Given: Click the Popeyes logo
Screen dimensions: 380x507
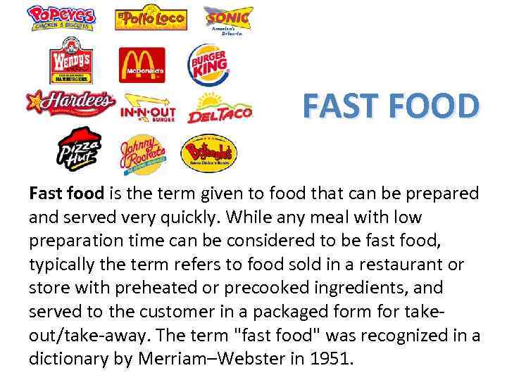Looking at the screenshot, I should (x=61, y=18).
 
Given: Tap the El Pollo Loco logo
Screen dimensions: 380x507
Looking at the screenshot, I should (x=150, y=18).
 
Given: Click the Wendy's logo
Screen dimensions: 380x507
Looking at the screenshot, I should (x=70, y=65).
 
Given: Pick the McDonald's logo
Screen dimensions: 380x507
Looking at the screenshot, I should (x=142, y=65).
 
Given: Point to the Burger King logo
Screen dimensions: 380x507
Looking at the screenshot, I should (x=207, y=65).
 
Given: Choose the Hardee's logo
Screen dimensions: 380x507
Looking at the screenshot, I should (x=70, y=103).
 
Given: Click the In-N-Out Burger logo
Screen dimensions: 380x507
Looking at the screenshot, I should (x=148, y=108).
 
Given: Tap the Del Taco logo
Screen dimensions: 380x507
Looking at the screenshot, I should (x=219, y=108).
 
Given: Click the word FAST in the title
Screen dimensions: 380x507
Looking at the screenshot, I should (x=342, y=107).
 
